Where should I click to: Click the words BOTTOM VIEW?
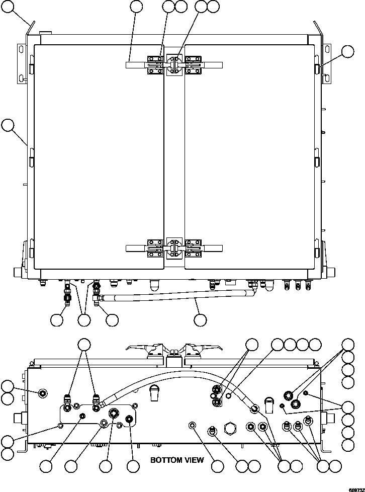(x=177, y=460)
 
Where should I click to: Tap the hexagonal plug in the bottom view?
(x=232, y=429)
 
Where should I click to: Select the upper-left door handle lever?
(x=135, y=64)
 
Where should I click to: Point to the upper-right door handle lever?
(x=213, y=64)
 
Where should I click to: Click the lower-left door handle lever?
(x=135, y=247)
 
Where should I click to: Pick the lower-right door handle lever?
(x=213, y=247)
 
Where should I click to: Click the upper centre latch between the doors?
(x=174, y=65)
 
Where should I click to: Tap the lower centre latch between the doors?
(x=174, y=248)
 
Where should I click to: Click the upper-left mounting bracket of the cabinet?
(x=22, y=62)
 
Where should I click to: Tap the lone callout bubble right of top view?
(x=348, y=51)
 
